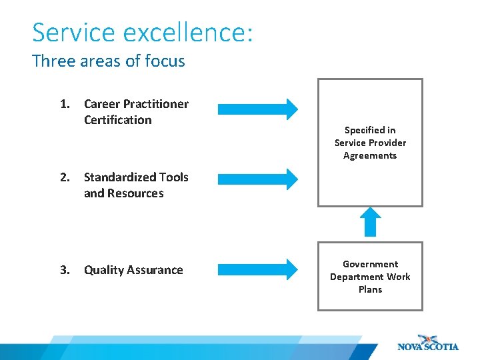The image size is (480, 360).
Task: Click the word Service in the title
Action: pos(71,33)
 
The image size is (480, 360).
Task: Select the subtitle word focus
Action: pos(165,61)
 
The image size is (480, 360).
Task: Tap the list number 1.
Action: pos(65,104)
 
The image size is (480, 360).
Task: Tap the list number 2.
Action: pos(65,177)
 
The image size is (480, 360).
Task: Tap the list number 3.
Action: pos(65,270)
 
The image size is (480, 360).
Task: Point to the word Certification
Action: pos(118,120)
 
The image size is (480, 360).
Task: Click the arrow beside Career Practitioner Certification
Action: pos(259,109)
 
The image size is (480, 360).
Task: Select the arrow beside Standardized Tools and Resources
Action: pos(259,179)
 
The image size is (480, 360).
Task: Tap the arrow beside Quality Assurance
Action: pos(259,269)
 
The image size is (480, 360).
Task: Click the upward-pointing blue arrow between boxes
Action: pos(370,222)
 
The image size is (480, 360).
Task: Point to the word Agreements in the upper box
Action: pos(370,155)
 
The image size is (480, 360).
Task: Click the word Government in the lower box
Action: pos(370,264)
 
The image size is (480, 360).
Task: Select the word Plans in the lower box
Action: pos(370,289)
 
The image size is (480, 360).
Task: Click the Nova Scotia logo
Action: pos(427,343)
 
